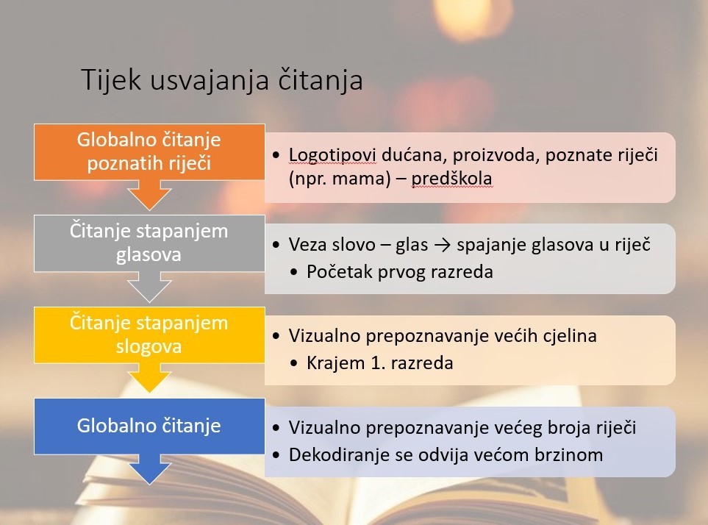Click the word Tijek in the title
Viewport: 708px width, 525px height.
point(111,80)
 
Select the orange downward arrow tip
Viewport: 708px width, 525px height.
point(149,210)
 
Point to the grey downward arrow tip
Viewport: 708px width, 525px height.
point(149,301)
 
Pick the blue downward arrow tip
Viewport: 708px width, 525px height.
point(149,484)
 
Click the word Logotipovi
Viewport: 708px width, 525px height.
point(332,155)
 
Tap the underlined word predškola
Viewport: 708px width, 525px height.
point(451,179)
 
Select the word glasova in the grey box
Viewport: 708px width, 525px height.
point(149,255)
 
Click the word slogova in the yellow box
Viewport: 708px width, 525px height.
point(149,346)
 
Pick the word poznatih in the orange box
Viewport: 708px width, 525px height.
point(119,163)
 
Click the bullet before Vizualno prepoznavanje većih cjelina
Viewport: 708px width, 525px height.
point(276,336)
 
